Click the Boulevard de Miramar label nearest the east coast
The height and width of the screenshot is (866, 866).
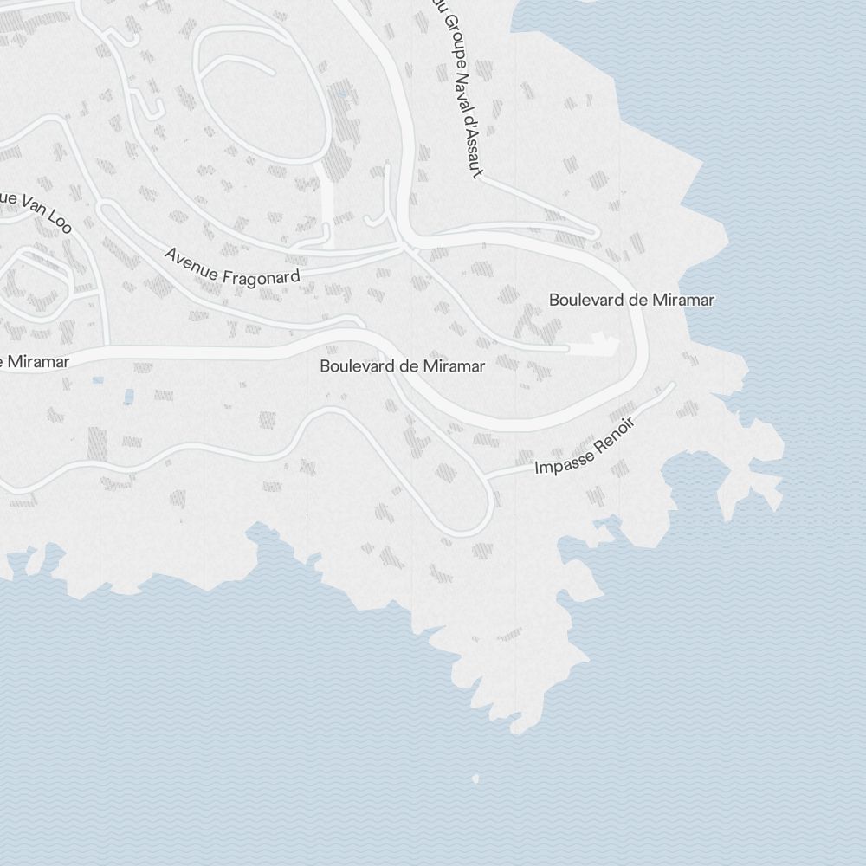click(631, 300)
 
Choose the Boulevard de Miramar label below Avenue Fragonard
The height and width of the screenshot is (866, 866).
click(402, 365)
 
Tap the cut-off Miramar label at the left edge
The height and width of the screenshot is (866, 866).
click(35, 361)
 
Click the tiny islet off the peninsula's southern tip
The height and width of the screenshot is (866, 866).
click(475, 779)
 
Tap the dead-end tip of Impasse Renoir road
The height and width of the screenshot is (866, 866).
click(673, 385)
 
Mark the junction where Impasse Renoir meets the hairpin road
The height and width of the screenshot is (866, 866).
click(488, 475)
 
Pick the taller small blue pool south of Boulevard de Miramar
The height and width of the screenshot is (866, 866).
click(129, 397)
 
